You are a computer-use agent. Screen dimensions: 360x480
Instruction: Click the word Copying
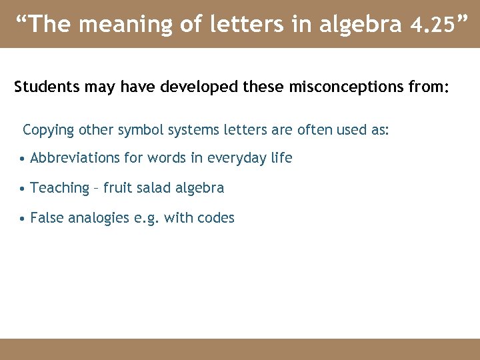click(x=49, y=129)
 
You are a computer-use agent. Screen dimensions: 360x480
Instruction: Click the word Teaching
click(x=59, y=188)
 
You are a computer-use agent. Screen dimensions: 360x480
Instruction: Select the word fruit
click(x=117, y=188)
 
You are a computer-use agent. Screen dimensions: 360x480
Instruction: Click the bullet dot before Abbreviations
click(x=23, y=159)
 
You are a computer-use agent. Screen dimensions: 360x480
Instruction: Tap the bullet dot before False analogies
click(x=23, y=219)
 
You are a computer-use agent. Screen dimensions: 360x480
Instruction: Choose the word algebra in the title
click(x=361, y=25)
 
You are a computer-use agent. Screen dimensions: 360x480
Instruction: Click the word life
click(x=281, y=158)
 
